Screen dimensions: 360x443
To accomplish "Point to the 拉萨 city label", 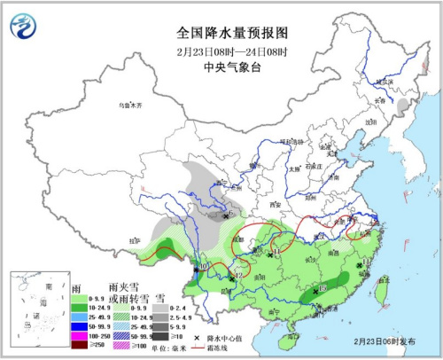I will tap(134, 239).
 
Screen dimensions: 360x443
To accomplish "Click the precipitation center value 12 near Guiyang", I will tap(237, 278).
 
